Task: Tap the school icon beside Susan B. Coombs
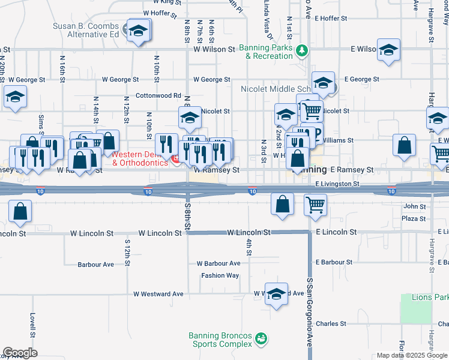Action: coord(139,30)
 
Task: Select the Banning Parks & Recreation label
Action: coord(265,52)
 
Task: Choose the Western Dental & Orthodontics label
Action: coord(140,158)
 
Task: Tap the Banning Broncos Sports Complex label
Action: coord(220,340)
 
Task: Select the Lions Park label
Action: coord(430,297)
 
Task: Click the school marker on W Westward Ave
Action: coord(276,294)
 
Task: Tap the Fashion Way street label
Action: coord(220,275)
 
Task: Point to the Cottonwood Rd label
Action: coord(158,95)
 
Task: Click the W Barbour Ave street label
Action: coord(218,263)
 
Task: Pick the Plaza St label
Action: coord(414,219)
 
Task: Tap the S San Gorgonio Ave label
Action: coord(310,312)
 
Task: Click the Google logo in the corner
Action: coord(20,353)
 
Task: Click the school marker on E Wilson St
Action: coord(388,50)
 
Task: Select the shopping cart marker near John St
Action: coord(315,205)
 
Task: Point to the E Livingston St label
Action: coord(337,184)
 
